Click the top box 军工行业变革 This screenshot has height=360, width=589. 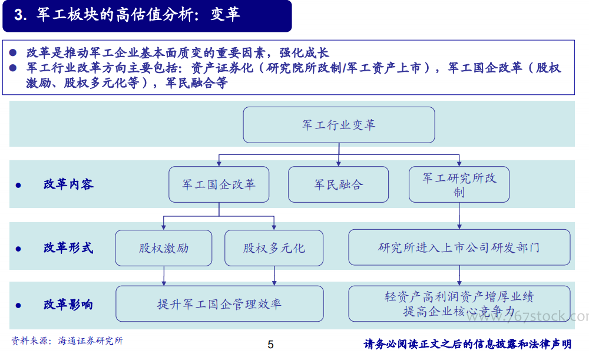pos(339,125)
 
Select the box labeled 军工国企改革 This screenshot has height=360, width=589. pos(219,184)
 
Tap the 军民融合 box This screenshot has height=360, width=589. pos(339,184)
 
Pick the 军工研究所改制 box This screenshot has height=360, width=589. pos(459,184)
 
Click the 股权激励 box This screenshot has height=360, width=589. pos(164,248)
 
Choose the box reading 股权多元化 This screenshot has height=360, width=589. pos(274,248)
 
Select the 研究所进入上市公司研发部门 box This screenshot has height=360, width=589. pos(459,247)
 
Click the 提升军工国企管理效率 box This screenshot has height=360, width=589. pos(220,303)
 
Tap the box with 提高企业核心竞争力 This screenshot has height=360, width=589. pos(459,303)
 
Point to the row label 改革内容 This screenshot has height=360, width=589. pos(68,184)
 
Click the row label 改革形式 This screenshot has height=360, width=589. pos(68,248)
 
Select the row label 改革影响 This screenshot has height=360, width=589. pos(68,305)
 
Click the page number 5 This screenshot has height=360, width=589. pos(270,345)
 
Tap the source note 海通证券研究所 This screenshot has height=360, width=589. pos(91,341)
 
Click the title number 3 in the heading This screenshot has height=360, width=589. pos(18,15)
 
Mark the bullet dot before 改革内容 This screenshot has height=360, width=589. pos(18,185)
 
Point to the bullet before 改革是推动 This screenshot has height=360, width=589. pos(13,52)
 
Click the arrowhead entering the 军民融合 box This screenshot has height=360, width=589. pos(339,164)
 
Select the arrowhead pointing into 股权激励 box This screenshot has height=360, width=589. pos(164,227)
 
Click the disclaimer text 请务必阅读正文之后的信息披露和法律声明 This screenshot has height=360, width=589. pos(468,344)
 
